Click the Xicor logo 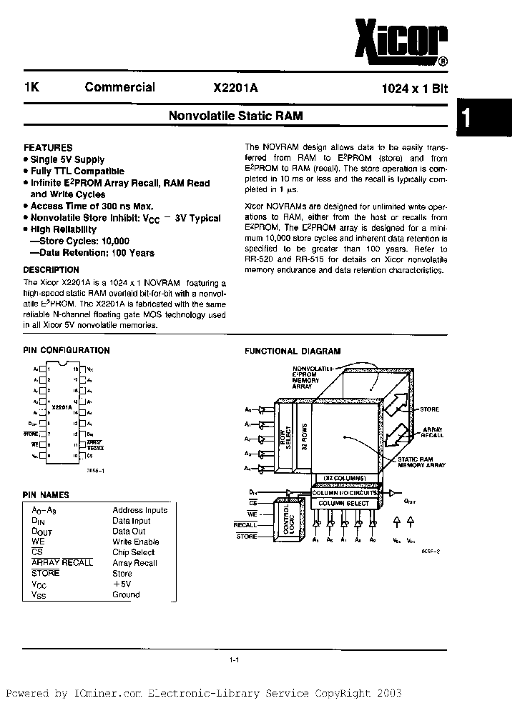[401, 39]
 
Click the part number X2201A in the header [235, 89]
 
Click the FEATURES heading [48, 147]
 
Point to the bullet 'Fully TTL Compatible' [77, 171]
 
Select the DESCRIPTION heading [51, 270]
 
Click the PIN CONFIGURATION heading [67, 351]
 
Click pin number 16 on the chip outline [74, 392]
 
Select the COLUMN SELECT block [344, 504]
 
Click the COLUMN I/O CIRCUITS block [344, 493]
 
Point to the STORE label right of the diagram [429, 409]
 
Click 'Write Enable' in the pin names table [136, 542]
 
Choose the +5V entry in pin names [122, 584]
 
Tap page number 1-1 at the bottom [234, 661]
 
